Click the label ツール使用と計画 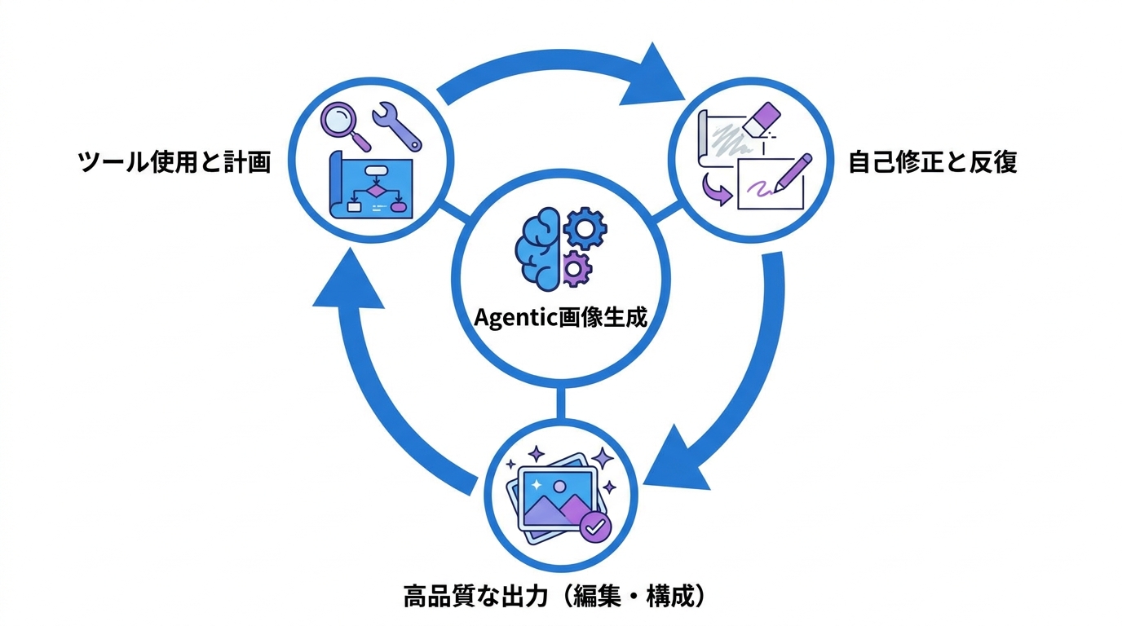click(174, 162)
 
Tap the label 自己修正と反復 click(933, 162)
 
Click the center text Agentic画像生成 click(560, 318)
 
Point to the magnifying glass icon click(345, 126)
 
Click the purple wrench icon click(397, 126)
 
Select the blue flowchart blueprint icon click(371, 185)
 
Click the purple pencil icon click(792, 174)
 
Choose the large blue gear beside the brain click(585, 228)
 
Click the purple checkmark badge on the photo click(594, 527)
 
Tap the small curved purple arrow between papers click(717, 189)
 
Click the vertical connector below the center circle click(560, 403)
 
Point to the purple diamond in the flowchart click(375, 191)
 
